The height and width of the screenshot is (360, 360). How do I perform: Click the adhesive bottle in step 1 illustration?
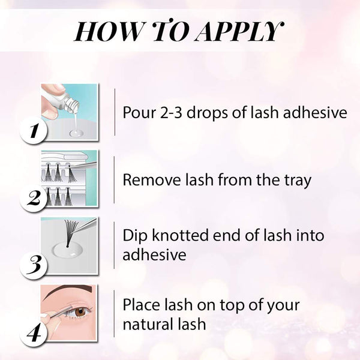[65, 103]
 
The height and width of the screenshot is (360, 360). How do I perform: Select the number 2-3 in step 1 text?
[178, 113]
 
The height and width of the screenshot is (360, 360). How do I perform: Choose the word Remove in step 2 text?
[148, 180]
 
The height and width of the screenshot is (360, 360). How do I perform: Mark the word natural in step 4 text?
[151, 324]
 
